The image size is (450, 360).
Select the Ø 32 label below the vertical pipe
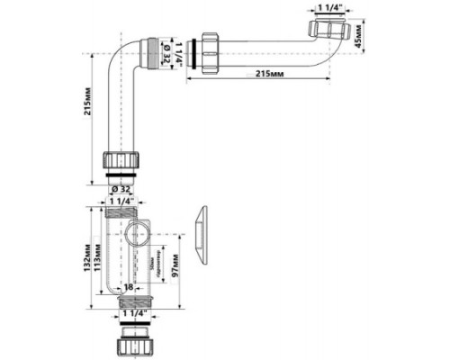pos(122,190)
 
